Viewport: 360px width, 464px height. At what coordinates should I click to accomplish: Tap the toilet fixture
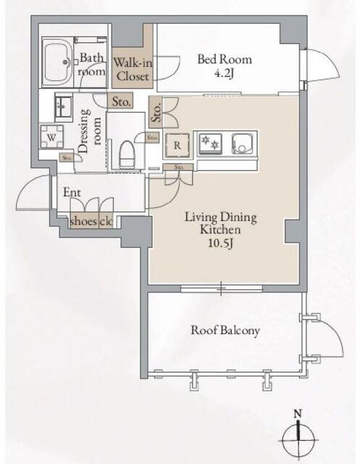pos(127,154)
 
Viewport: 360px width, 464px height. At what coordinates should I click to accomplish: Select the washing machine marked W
pos(51,137)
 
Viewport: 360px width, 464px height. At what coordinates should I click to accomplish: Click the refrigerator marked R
pos(177,145)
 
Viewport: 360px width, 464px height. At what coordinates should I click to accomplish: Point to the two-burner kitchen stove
pos(211,144)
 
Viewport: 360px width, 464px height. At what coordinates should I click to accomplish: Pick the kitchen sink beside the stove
pos(243,144)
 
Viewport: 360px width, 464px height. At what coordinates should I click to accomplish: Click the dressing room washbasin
pos(64,107)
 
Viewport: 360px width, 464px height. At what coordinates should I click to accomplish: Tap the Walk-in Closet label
pos(133,70)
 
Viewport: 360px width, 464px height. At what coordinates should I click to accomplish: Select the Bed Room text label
pos(225,59)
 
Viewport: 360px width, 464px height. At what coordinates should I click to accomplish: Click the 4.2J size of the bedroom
pos(224,73)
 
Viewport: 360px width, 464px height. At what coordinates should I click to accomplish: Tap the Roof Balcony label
pos(225,331)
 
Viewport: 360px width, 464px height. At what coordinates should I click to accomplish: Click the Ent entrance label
pos(72,193)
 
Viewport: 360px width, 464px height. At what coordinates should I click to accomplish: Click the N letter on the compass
pos(298,414)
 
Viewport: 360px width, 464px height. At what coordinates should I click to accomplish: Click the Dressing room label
pos(90,131)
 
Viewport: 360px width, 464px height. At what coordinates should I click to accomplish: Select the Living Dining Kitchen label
pos(221,223)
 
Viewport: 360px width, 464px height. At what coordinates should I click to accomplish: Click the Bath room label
pos(91,65)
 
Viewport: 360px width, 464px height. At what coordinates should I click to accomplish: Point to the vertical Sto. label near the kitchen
pos(156,112)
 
